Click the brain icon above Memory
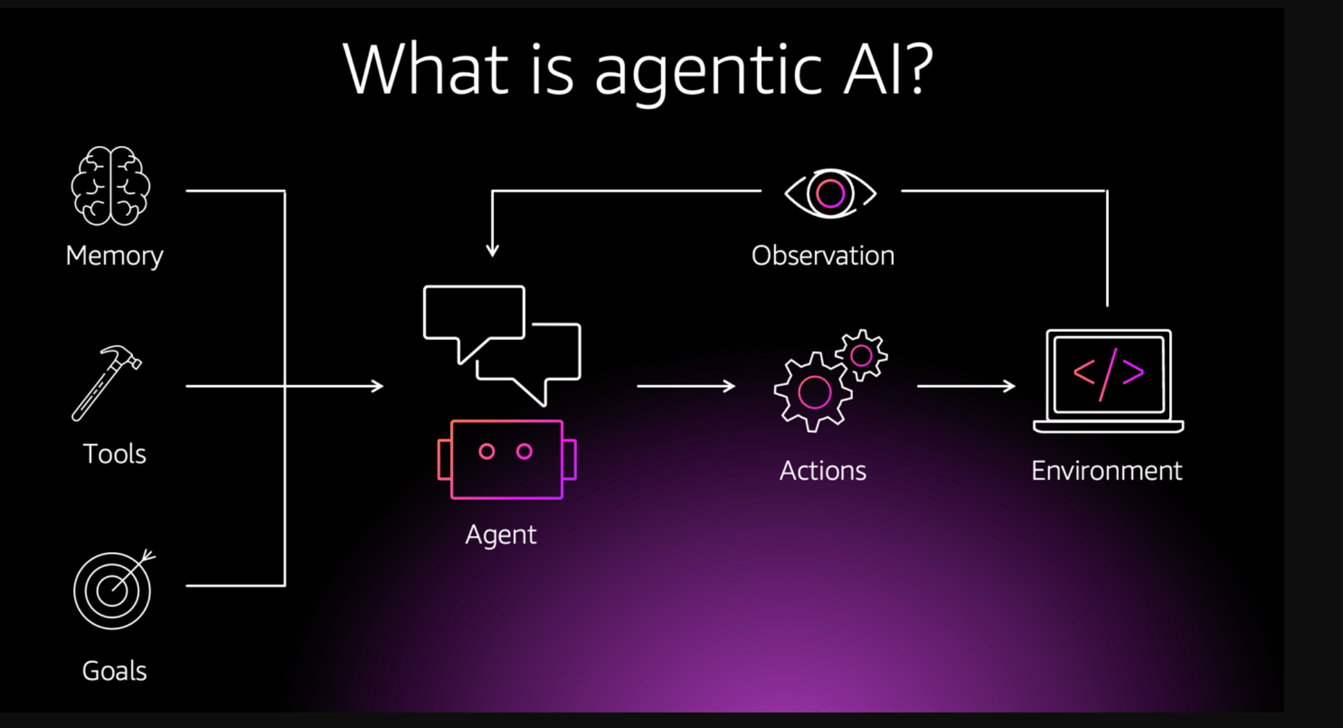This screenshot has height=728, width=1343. (111, 186)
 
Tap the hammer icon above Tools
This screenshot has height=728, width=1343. (106, 383)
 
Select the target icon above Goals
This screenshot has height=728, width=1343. (112, 590)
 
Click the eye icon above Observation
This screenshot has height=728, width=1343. (830, 193)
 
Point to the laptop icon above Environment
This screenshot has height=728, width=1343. (1108, 381)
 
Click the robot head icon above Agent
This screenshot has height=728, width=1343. (506, 459)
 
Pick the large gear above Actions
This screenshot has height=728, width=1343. (814, 392)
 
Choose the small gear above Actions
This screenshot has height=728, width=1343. (862, 355)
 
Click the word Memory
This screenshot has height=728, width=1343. (114, 256)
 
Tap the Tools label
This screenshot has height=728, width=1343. (114, 454)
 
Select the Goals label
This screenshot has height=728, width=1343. (114, 671)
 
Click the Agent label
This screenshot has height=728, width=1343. (501, 535)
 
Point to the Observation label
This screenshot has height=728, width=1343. (823, 256)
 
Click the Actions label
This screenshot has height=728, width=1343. (823, 471)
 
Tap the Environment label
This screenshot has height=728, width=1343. (1106, 471)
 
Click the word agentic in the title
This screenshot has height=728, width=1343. (708, 70)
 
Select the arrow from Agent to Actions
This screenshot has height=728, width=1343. (686, 386)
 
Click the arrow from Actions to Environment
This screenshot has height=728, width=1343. (966, 386)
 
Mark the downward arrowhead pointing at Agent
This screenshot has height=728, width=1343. (492, 250)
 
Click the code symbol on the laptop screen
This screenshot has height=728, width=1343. (1108, 373)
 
